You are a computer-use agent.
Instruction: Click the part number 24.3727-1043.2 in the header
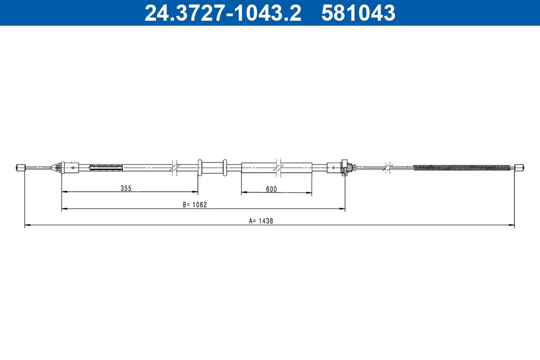222,13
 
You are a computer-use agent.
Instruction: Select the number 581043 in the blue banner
358,13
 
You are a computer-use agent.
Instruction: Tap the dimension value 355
126,189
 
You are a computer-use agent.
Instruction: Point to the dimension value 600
271,189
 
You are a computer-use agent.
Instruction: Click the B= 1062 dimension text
194,205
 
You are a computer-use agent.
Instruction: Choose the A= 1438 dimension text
261,221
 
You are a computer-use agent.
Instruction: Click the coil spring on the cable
462,168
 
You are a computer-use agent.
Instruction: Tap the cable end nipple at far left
20,168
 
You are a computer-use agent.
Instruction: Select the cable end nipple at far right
519,168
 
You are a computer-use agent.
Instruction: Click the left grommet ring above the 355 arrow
200,167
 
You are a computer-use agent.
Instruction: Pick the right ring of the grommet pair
225,167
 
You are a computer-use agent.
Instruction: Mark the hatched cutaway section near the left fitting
106,168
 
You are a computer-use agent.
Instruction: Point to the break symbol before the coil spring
387,167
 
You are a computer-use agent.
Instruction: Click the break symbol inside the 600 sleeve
279,167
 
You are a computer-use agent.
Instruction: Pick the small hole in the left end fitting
73,168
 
